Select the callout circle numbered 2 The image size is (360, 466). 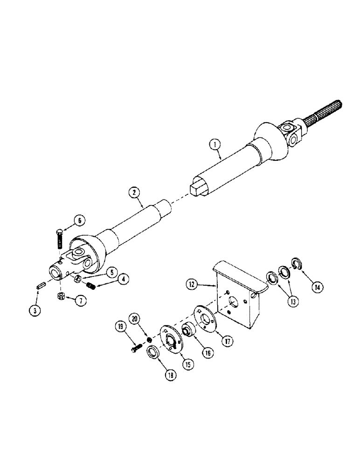click(x=133, y=192)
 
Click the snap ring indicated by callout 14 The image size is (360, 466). click(x=296, y=264)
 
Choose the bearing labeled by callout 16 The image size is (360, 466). click(x=188, y=329)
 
